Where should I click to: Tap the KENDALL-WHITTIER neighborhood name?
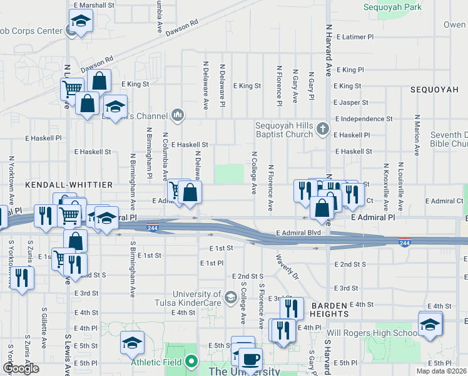tap(68, 185)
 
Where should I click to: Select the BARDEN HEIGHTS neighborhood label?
tap(329, 309)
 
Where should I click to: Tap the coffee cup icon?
tap(252, 359)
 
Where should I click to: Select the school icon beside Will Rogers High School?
tap(430, 324)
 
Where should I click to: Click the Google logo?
tap(21, 368)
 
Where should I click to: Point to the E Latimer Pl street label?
tap(354, 37)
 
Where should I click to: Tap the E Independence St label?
tap(364, 118)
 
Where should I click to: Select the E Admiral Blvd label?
tap(297, 232)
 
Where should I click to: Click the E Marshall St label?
tap(94, 4)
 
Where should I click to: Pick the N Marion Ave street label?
tap(417, 135)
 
